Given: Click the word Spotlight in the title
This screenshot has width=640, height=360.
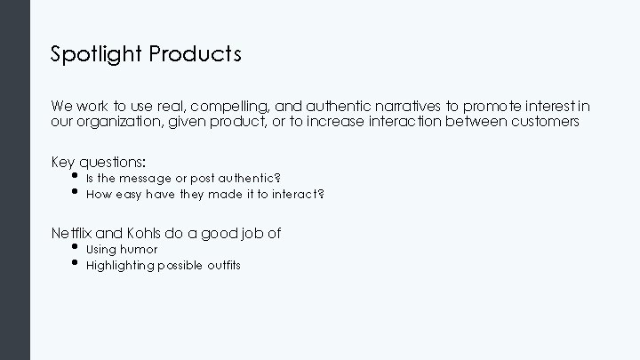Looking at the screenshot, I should [96, 55].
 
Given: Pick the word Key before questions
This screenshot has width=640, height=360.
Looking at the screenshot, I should [63, 162].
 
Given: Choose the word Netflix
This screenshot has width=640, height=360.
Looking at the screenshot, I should [71, 233].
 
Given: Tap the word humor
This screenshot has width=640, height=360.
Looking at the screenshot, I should [140, 250].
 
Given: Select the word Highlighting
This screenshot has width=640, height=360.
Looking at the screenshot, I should [120, 265].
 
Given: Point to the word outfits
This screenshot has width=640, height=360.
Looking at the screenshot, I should [223, 265].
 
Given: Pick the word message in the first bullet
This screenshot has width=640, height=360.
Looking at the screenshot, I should [144, 178].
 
